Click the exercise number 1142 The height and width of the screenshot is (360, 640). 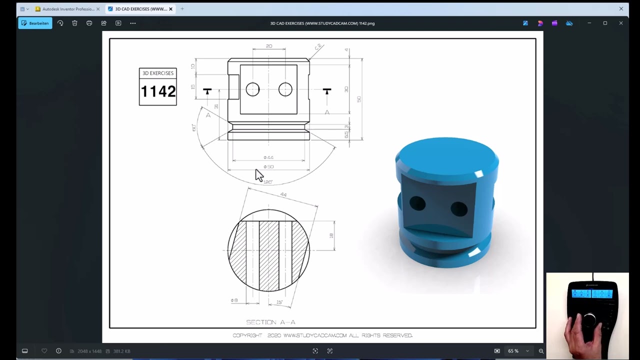pyautogui.click(x=158, y=91)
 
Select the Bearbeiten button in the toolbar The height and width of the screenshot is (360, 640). pyautogui.click(x=35, y=23)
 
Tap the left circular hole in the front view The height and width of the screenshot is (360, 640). pyautogui.click(x=252, y=89)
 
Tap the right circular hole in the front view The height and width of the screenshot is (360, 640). pyautogui.click(x=285, y=89)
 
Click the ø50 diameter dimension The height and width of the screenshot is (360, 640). pyautogui.click(x=268, y=166)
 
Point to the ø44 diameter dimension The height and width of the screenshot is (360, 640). pyautogui.click(x=268, y=157)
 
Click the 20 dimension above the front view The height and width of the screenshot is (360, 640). pyautogui.click(x=269, y=46)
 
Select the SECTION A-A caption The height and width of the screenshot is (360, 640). pyautogui.click(x=270, y=322)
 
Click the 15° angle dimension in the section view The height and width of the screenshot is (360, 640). pyautogui.click(x=279, y=302)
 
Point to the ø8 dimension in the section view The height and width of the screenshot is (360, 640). pyautogui.click(x=234, y=300)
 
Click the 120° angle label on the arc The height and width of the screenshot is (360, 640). pyautogui.click(x=268, y=182)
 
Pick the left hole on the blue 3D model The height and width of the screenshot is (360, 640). pyautogui.click(x=417, y=203)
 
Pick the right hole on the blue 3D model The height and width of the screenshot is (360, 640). pyautogui.click(x=458, y=208)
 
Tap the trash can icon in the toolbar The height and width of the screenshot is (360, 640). pyautogui.click(x=74, y=23)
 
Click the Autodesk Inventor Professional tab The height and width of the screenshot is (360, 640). pyautogui.click(x=67, y=9)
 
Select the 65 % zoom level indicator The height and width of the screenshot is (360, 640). pyautogui.click(x=513, y=351)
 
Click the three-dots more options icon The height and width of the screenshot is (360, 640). pyautogui.click(x=132, y=23)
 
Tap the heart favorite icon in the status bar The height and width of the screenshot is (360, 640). pyautogui.click(x=44, y=351)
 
